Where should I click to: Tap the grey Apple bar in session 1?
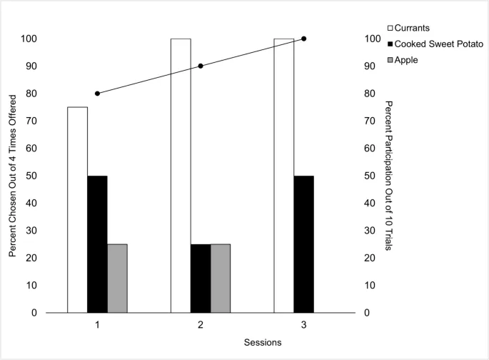(x=117, y=278)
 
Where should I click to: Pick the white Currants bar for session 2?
(x=181, y=175)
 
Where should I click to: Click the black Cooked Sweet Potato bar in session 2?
(x=201, y=278)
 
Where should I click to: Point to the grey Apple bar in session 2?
(x=221, y=278)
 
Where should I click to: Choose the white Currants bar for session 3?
(x=284, y=175)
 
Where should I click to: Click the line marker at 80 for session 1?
(x=97, y=94)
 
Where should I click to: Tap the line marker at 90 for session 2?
(x=201, y=66)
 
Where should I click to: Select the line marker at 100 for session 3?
(x=304, y=39)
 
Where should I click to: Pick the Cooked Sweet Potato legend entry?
(x=433, y=44)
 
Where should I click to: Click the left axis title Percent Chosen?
(x=14, y=175)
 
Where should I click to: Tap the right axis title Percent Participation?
(x=390, y=175)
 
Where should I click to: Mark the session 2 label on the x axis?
(x=201, y=326)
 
